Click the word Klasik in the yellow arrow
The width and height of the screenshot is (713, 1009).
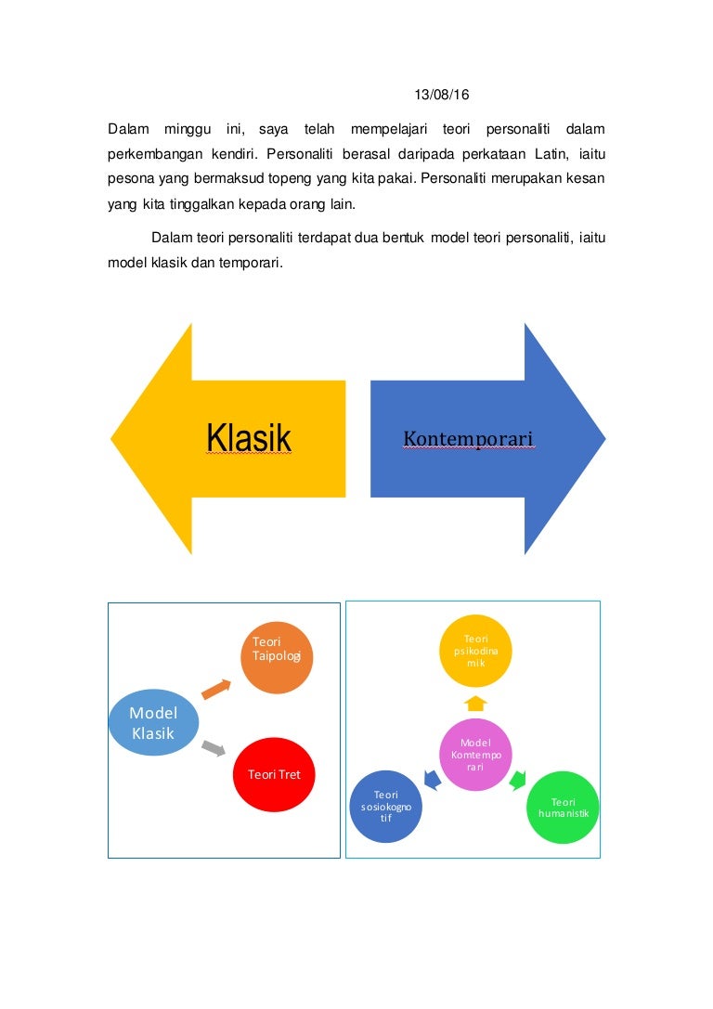(x=249, y=438)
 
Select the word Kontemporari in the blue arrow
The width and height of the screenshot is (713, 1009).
(x=469, y=437)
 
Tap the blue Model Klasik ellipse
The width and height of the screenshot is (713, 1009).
(x=153, y=723)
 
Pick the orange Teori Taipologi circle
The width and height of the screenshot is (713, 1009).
(x=276, y=657)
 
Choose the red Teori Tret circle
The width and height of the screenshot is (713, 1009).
(x=274, y=773)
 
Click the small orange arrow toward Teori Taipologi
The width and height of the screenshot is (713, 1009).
(x=216, y=689)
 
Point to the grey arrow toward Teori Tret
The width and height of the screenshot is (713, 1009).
(x=214, y=746)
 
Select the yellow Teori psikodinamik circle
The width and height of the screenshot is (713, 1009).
(x=475, y=651)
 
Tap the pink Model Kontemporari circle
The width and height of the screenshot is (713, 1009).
(x=475, y=755)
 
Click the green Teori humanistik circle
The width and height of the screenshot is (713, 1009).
(x=563, y=807)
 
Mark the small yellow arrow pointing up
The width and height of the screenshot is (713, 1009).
(x=475, y=703)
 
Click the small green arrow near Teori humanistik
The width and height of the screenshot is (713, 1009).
(x=518, y=780)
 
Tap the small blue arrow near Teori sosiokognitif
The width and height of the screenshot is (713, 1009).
(x=432, y=780)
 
